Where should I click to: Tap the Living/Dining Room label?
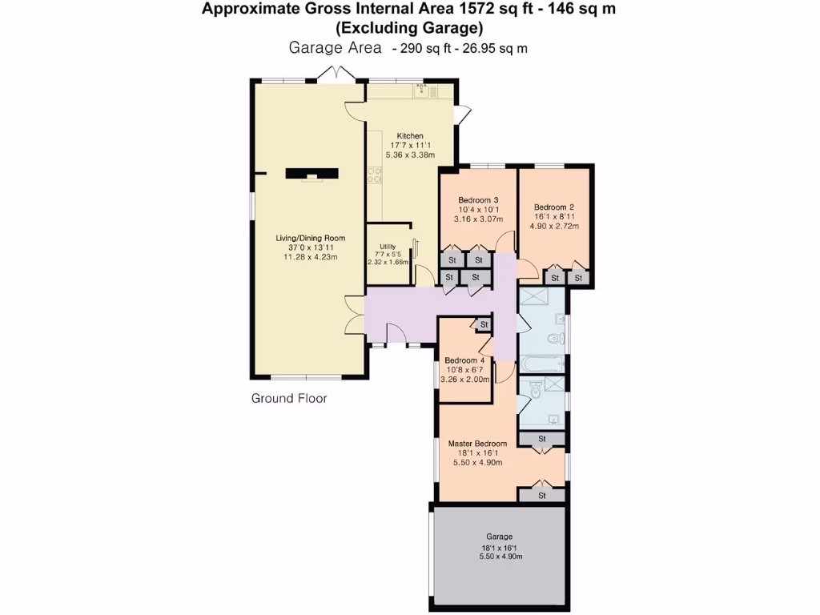[310, 238]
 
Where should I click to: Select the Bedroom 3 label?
[478, 200]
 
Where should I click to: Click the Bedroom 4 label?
[464, 360]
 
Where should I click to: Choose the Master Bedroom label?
[477, 444]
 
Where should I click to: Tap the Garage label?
[499, 537]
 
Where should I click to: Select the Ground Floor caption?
[289, 398]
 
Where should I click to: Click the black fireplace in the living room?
[312, 173]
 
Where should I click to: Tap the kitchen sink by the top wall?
[422, 91]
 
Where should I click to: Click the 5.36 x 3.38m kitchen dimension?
[410, 155]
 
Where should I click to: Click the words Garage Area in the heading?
[335, 48]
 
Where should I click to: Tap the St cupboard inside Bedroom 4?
[484, 324]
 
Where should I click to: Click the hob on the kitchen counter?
[373, 175]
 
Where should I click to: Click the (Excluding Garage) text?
[409, 28]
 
